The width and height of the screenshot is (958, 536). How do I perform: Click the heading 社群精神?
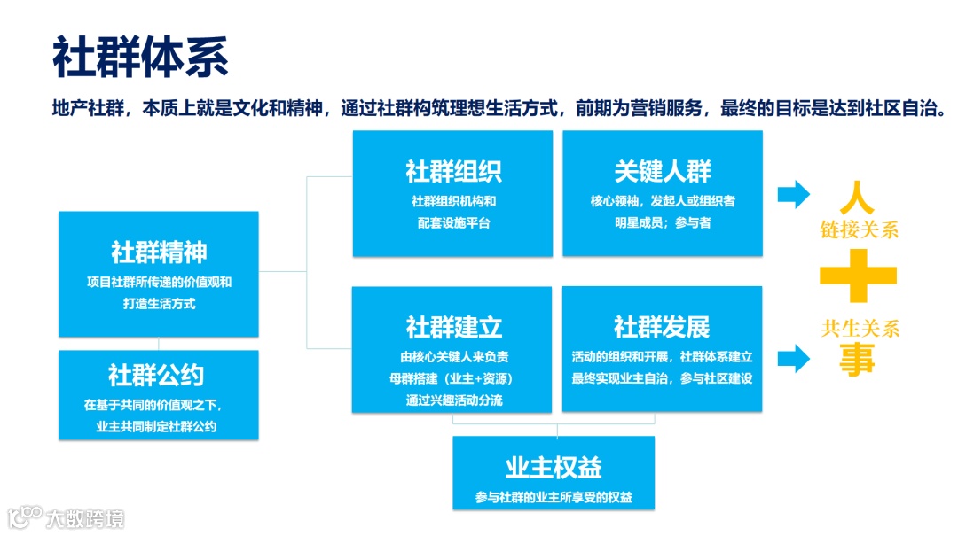[159, 252]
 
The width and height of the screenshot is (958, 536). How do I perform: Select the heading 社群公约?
[156, 375]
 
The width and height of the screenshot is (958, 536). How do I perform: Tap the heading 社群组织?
[453, 170]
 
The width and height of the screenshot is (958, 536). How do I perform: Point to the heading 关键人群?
[662, 170]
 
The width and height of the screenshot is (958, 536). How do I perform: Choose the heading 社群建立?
[453, 326]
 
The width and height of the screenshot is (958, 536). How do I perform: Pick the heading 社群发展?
[662, 326]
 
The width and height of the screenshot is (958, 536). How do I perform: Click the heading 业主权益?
[554, 468]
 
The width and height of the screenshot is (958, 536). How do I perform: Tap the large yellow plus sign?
[858, 276]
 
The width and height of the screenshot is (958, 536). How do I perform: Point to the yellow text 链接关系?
[859, 229]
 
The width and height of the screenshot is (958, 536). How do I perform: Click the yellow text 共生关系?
[860, 329]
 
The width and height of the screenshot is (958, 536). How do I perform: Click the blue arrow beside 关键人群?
[793, 194]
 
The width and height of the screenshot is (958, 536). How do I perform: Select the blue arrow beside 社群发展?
[793, 358]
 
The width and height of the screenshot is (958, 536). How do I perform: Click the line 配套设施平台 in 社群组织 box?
[453, 222]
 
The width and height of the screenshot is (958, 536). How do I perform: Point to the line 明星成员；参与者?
[662, 222]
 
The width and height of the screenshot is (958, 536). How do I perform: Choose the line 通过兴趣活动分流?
[453, 400]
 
